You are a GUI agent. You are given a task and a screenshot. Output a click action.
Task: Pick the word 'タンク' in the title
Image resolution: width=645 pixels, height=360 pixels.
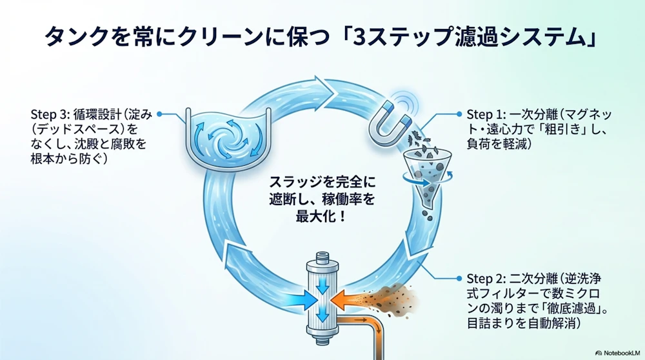coord(73,37)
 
